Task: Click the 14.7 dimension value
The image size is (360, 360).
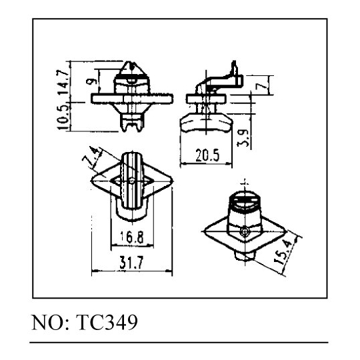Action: [x=63, y=82]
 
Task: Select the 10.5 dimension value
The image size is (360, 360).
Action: [x=63, y=117]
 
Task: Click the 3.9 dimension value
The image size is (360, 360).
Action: [x=243, y=138]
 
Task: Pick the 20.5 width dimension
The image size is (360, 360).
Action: [x=207, y=155]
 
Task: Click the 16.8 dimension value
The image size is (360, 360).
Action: [x=132, y=237]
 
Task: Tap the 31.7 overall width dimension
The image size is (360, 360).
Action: [x=131, y=263]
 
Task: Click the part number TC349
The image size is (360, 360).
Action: [x=107, y=322]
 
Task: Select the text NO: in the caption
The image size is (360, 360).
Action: [x=50, y=323]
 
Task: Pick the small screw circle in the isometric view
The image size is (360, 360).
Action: [x=245, y=232]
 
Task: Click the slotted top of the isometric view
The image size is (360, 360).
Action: [x=245, y=199]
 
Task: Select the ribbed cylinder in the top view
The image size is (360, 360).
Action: [x=131, y=180]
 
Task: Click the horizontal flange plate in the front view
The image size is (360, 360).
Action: [x=132, y=99]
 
